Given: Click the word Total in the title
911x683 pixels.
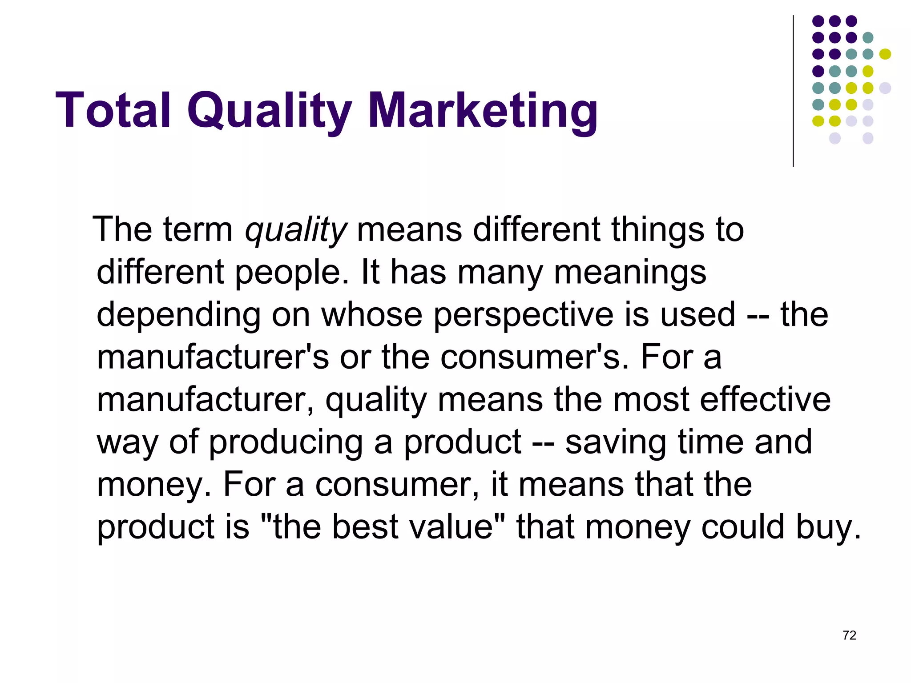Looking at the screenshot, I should (113, 110).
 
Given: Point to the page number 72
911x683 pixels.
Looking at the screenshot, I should (849, 635).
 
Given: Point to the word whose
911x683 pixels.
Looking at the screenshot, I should (371, 315).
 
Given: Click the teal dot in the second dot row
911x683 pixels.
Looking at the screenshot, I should (868, 38).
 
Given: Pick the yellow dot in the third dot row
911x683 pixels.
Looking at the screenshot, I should (885, 54).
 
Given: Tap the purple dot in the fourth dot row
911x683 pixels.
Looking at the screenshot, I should (818, 71).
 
